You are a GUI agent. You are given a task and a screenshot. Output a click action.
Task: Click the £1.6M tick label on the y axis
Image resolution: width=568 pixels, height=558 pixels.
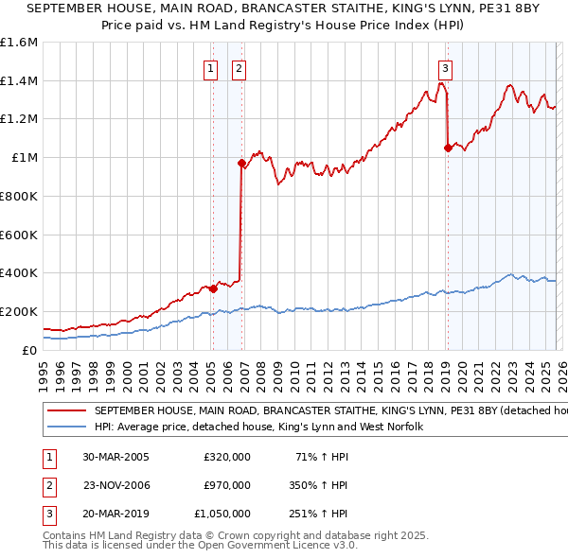(x=19, y=43)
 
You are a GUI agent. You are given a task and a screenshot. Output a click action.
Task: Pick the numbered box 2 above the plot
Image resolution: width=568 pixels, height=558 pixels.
(x=239, y=67)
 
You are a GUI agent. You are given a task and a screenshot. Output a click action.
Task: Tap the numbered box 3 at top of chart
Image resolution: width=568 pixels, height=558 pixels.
(x=444, y=67)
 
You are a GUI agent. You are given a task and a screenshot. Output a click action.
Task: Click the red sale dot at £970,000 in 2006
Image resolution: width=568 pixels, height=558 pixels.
(x=241, y=163)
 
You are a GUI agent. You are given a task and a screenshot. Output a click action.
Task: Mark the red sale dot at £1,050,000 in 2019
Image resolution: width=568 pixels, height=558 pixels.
(x=448, y=147)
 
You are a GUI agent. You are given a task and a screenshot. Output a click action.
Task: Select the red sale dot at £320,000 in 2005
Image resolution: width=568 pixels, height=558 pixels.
(x=213, y=288)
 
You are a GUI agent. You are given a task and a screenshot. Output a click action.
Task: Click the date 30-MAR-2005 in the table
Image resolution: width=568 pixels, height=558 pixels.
(x=115, y=457)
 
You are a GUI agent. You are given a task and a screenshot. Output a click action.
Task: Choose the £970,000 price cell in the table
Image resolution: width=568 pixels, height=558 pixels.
(x=227, y=485)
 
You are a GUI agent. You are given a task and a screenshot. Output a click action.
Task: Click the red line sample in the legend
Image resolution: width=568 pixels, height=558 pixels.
(x=67, y=411)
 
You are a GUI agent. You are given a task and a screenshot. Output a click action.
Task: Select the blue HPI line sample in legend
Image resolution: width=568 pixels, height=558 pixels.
(x=67, y=427)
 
